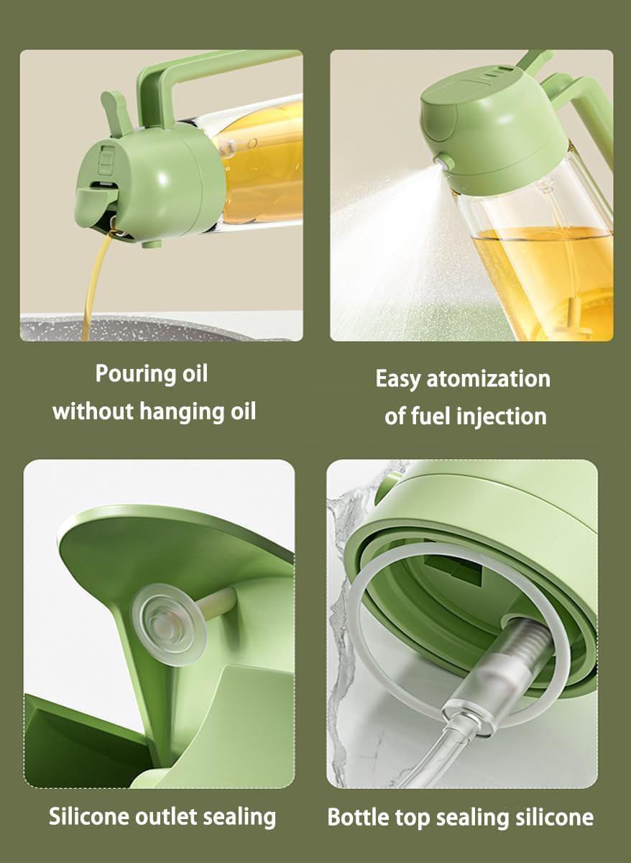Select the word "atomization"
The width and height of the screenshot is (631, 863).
tap(488, 379)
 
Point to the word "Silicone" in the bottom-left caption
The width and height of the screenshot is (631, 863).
tap(89, 816)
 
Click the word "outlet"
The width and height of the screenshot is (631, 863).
tap(172, 816)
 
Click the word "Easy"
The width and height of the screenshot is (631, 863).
tap(398, 379)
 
